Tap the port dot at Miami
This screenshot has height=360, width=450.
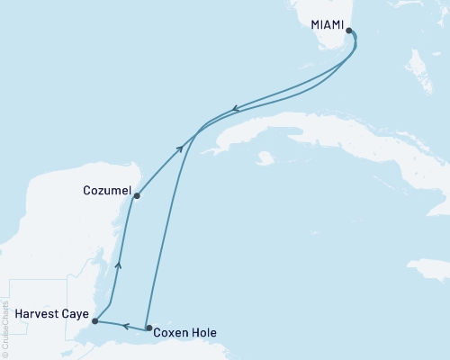(x=349, y=32)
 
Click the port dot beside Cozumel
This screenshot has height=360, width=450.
(x=136, y=195)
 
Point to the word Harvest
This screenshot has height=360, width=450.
(x=34, y=315)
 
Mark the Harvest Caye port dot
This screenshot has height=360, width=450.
(x=94, y=320)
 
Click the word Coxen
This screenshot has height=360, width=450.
(x=171, y=332)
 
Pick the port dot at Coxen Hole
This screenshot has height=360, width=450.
(x=149, y=328)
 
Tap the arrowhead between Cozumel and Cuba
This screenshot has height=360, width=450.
(x=181, y=147)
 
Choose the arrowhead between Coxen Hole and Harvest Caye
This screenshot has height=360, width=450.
(x=127, y=326)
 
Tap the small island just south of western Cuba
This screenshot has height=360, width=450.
(x=264, y=159)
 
